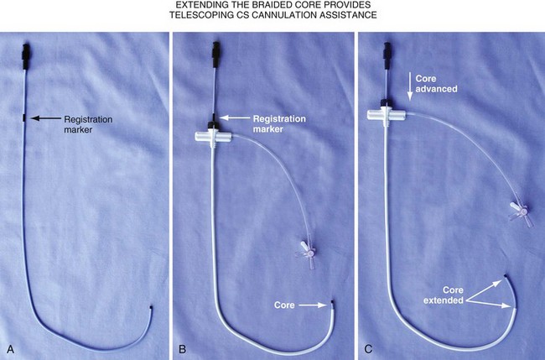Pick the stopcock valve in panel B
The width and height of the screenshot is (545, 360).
[x=305, y=248]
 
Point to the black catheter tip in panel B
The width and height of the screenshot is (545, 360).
[x=332, y=303]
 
